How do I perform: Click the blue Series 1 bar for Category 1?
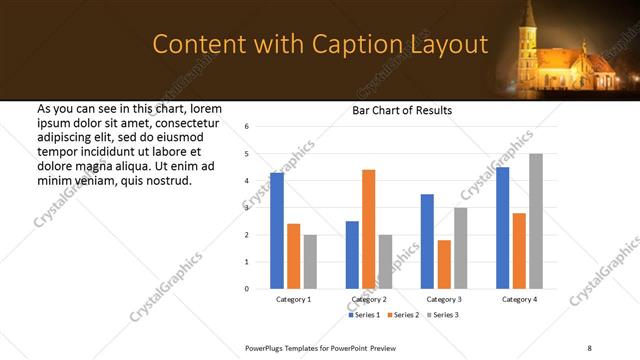(x=277, y=231)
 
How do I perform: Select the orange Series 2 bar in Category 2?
(x=368, y=229)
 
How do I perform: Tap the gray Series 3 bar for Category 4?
(x=535, y=221)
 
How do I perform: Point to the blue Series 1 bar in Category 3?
(x=427, y=241)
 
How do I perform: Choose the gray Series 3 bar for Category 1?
(x=310, y=262)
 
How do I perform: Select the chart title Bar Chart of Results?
(x=402, y=110)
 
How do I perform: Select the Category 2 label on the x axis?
(x=369, y=299)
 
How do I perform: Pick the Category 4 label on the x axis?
(x=519, y=299)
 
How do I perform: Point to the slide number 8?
(x=589, y=346)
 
